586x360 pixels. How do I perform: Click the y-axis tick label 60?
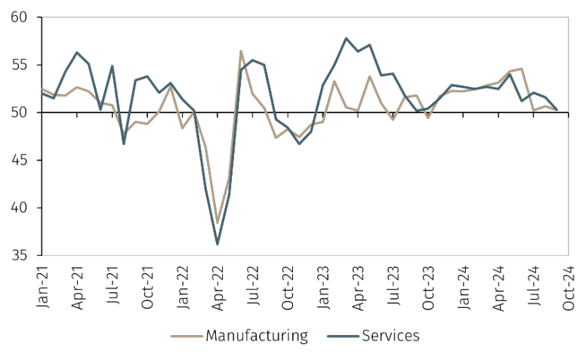click(x=21, y=17)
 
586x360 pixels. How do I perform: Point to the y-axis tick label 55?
click(x=21, y=65)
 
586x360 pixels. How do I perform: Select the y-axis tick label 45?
click(x=21, y=160)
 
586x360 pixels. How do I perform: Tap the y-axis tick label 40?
click(x=21, y=208)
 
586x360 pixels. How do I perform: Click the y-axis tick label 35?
click(x=21, y=255)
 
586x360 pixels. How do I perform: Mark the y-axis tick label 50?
click(x=21, y=112)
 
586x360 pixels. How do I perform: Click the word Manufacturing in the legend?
click(x=257, y=335)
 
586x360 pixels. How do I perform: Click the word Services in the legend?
click(x=390, y=335)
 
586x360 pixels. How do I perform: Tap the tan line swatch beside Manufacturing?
click(x=186, y=335)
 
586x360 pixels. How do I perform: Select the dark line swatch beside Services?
click(x=342, y=335)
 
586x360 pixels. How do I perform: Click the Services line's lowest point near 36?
click(x=217, y=244)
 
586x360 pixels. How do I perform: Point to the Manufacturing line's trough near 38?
click(x=217, y=223)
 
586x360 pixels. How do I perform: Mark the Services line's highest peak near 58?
click(x=346, y=38)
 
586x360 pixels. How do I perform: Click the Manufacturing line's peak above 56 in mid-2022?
click(x=241, y=51)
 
